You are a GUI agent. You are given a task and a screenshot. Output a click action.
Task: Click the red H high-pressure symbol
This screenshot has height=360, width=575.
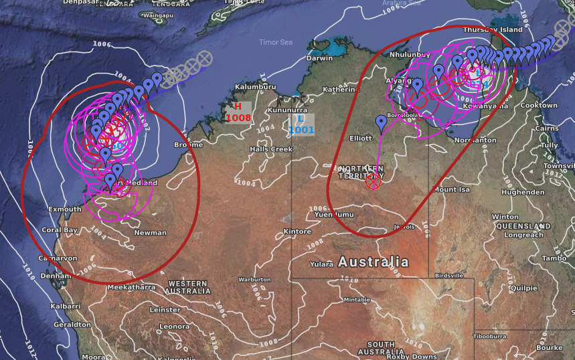pyautogui.click(x=237, y=106)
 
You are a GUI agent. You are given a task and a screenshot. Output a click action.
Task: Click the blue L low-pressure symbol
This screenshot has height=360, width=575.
pyautogui.click(x=301, y=118)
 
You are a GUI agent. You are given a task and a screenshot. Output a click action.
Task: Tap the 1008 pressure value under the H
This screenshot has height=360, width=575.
pyautogui.click(x=238, y=118)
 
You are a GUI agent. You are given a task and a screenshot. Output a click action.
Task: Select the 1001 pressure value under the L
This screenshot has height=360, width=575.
pyautogui.click(x=302, y=129)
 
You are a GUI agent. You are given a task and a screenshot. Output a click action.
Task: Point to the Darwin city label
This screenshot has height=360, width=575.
pyautogui.click(x=319, y=58)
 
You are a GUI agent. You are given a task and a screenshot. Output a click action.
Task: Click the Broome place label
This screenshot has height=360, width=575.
pyautogui.click(x=188, y=145)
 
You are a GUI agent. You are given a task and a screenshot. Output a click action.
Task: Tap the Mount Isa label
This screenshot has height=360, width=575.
pyautogui.click(x=455, y=189)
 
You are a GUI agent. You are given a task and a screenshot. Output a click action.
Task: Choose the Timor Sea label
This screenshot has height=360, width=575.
pyautogui.click(x=276, y=42)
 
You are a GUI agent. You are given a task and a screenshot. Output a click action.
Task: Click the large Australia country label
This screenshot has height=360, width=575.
pyautogui.click(x=373, y=261)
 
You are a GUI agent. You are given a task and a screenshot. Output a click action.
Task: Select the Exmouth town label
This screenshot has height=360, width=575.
pyautogui.click(x=66, y=209)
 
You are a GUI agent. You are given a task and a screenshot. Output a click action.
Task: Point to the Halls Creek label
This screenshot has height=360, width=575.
pyautogui.click(x=271, y=149)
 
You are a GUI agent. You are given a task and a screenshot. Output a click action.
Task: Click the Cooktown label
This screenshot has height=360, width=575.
pyautogui.click(x=538, y=106)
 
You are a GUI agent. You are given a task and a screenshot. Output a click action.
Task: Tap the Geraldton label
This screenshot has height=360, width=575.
pyautogui.click(x=72, y=324)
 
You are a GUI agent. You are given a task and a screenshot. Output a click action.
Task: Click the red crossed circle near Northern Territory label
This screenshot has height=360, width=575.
pyautogui.click(x=374, y=181)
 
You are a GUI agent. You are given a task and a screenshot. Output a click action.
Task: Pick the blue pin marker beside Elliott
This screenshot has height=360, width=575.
pyautogui.click(x=381, y=122)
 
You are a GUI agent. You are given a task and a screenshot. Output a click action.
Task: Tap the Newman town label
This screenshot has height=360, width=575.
pyautogui.click(x=150, y=233)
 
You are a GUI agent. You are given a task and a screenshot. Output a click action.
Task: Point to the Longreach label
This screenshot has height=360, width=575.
pyautogui.click(x=524, y=235)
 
